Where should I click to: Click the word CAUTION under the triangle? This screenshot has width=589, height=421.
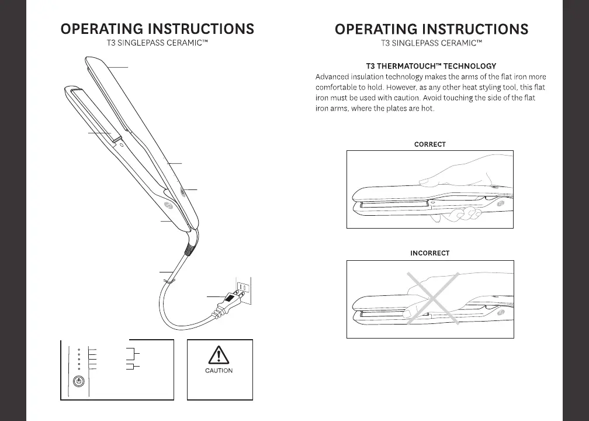click(219, 370)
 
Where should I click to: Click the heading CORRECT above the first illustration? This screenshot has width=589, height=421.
click(429, 144)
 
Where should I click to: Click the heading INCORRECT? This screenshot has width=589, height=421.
click(429, 253)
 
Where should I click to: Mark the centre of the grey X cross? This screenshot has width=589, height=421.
click(432, 298)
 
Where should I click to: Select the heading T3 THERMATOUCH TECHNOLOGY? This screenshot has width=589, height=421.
click(430, 66)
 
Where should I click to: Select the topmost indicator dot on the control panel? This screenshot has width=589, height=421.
click(79, 350)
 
